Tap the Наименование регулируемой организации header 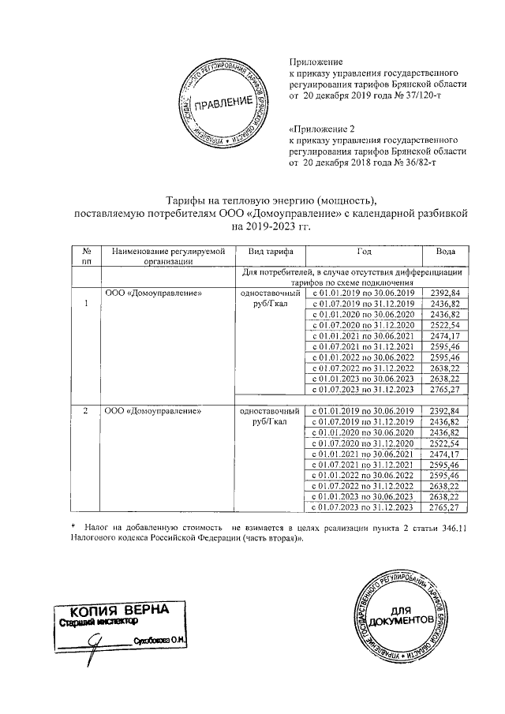coord(169,256)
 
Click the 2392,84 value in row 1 coord(445,293)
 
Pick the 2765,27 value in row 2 coord(445,509)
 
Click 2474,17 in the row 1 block coord(445,335)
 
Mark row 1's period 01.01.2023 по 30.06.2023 coord(364,378)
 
